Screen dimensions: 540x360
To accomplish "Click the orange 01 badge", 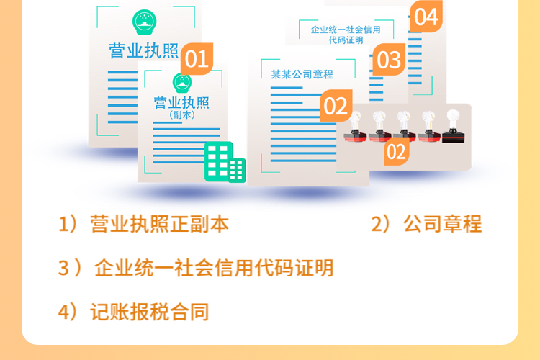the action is pyautogui.click(x=197, y=58).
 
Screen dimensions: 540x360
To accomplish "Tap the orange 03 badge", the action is pyautogui.click(x=389, y=59).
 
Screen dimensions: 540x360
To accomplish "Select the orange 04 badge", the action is pyautogui.click(x=426, y=17).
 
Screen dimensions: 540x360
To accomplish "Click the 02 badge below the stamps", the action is pyautogui.click(x=397, y=152).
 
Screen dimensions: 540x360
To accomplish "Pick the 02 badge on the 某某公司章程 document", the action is pyautogui.click(x=336, y=105).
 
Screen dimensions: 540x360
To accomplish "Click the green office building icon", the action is pyautogui.click(x=225, y=162).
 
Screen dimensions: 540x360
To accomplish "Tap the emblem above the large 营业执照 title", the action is pyautogui.click(x=145, y=22).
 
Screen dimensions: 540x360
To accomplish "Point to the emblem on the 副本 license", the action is pyautogui.click(x=182, y=83).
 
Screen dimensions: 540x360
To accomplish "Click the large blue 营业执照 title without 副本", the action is pyautogui.click(x=143, y=51).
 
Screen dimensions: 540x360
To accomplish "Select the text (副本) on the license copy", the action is pyautogui.click(x=182, y=115).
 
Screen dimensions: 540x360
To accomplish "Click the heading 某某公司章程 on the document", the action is pyautogui.click(x=302, y=74).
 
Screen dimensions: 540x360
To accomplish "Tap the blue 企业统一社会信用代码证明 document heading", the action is pyautogui.click(x=346, y=35).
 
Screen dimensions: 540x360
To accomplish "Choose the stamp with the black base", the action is pyautogui.click(x=453, y=127).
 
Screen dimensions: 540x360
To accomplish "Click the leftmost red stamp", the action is pyautogui.click(x=355, y=127).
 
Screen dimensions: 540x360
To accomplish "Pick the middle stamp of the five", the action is pyautogui.click(x=405, y=127).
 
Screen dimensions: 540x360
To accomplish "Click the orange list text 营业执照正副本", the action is pyautogui.click(x=159, y=224).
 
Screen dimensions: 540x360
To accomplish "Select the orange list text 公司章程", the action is pyautogui.click(x=443, y=224).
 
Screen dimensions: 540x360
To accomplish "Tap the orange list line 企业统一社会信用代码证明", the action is pyautogui.click(x=214, y=268).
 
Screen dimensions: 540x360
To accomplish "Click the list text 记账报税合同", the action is pyautogui.click(x=150, y=312).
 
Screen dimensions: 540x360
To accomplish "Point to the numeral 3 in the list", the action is pyautogui.click(x=63, y=269).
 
